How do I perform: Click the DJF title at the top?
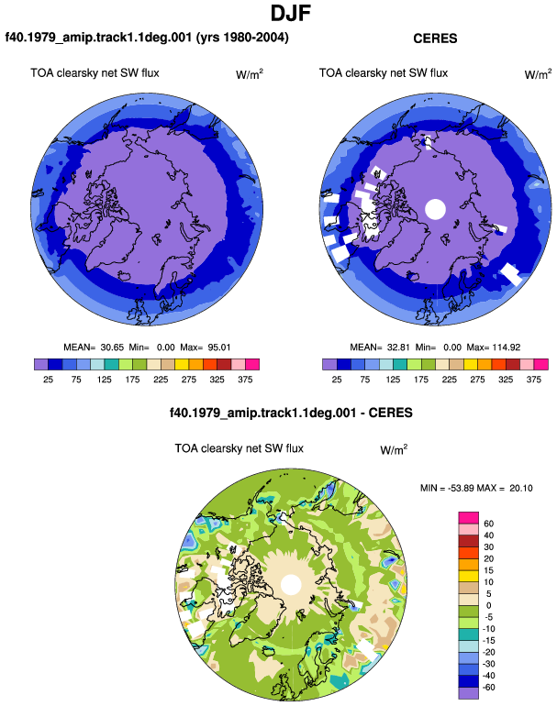291,13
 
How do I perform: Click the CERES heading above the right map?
435,39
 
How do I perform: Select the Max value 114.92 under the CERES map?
507,347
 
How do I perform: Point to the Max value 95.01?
219,347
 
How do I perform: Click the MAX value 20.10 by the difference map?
521,488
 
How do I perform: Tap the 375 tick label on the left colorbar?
245,380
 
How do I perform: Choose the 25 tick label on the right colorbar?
337,380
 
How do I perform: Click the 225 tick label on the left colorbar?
161,380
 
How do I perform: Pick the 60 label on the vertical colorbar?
488,524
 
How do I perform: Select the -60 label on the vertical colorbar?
488,688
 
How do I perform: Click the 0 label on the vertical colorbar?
488,605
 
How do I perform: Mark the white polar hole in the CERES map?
435,209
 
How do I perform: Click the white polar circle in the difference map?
291,584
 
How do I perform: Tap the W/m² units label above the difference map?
394,449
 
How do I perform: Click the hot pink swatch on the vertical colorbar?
469,518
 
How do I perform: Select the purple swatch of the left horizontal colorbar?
41,364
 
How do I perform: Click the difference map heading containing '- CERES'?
291,413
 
